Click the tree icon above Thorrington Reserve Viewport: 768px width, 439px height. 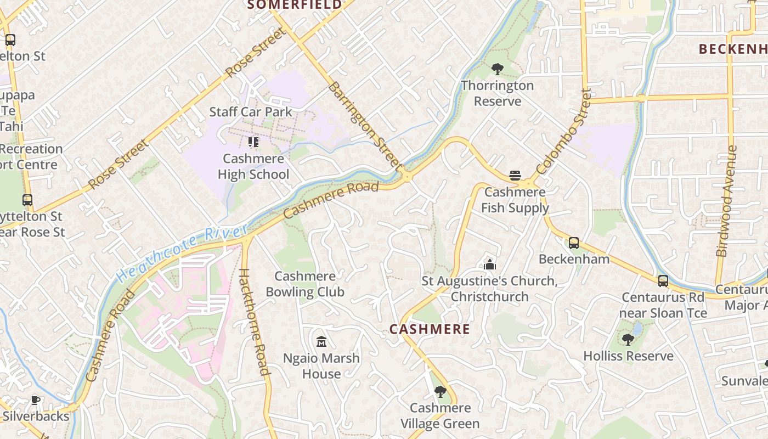click(x=498, y=69)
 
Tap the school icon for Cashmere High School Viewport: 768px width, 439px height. click(x=253, y=143)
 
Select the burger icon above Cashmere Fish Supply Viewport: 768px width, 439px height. click(x=515, y=176)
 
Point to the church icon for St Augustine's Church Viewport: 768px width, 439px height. click(x=490, y=264)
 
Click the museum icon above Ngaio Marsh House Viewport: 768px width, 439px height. click(x=321, y=342)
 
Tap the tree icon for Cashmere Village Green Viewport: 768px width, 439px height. click(x=440, y=392)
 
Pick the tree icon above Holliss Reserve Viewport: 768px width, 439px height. click(x=628, y=340)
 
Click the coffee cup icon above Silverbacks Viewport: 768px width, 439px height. click(x=36, y=400)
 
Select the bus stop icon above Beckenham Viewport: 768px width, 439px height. click(x=574, y=243)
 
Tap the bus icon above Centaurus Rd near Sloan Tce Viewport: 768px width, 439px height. click(x=663, y=281)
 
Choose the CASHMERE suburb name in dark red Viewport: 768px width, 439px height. click(x=430, y=329)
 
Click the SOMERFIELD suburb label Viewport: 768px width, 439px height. click(x=294, y=5)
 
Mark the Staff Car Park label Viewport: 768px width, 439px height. click(x=251, y=112)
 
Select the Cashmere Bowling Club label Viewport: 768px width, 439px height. click(x=305, y=284)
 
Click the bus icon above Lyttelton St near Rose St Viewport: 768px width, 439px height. click(x=27, y=200)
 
